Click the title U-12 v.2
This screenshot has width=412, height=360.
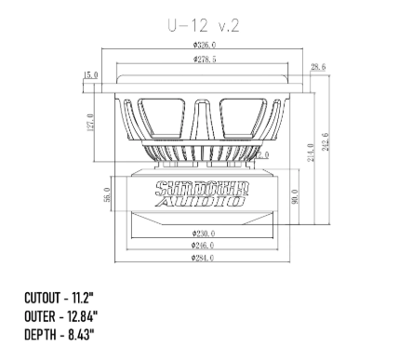pyautogui.click(x=205, y=26)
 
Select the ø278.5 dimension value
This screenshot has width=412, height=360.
pyautogui.click(x=204, y=60)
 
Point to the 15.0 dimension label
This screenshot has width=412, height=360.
pyautogui.click(x=90, y=75)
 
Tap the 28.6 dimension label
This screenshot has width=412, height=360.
pyautogui.click(x=318, y=68)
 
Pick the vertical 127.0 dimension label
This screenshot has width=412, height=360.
pyautogui.click(x=90, y=124)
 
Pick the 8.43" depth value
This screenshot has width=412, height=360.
pyautogui.click(x=76, y=333)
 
